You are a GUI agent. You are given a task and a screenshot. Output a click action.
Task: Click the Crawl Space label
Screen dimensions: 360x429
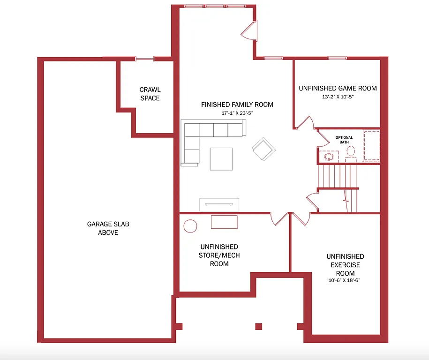150,94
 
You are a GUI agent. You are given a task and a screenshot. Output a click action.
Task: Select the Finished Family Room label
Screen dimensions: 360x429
237,105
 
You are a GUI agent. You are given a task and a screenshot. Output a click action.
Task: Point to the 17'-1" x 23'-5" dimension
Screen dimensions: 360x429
237,113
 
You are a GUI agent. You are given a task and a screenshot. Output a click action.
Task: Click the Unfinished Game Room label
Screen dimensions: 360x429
338,88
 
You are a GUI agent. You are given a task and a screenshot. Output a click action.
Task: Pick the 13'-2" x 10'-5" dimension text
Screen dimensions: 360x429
338,97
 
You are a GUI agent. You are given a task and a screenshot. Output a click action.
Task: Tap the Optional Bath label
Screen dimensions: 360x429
344,140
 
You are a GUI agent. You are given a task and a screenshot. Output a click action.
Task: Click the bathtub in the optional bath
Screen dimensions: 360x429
371,146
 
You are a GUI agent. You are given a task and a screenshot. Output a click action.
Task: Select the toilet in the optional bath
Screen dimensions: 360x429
350,152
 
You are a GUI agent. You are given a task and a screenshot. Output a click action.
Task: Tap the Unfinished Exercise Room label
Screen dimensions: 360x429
345,265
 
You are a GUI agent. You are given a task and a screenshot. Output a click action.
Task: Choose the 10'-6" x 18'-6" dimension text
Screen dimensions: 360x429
345,281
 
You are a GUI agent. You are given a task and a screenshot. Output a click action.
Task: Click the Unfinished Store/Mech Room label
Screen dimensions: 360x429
219,255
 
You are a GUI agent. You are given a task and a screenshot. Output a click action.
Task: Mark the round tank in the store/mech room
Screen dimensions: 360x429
190,226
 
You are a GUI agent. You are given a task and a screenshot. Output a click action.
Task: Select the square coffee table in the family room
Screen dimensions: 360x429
221,159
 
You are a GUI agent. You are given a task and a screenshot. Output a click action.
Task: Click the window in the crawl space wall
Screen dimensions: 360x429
145,59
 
